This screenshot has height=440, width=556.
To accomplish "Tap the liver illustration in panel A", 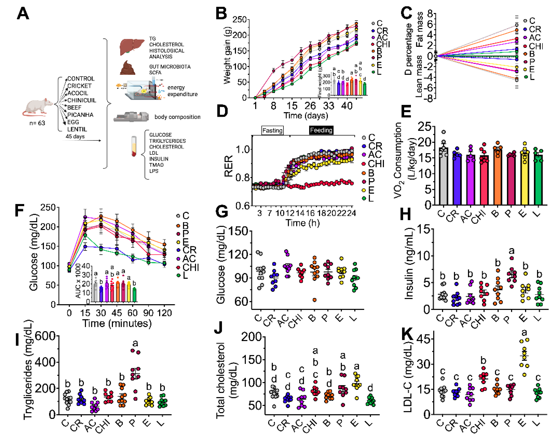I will pos(132,47).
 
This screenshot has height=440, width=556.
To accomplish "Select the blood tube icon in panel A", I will pos(134,146).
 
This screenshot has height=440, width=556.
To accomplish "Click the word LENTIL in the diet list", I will pos(77,129).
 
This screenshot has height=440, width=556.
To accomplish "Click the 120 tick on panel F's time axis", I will pos(164,313).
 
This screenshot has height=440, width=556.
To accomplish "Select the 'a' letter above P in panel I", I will pos(135,343).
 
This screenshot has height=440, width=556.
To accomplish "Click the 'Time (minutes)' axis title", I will pos(117,323).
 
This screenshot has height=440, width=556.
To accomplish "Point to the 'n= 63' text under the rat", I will pos(37,123).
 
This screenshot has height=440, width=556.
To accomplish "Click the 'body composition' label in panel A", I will pos(177,117).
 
